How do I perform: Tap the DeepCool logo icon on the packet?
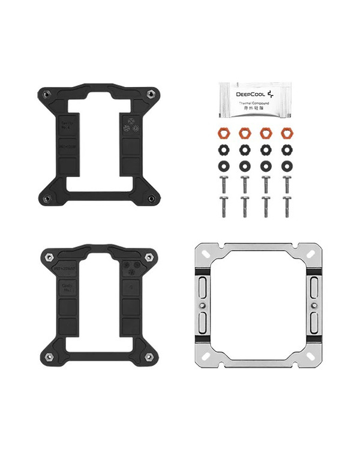272,94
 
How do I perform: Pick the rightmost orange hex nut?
286,132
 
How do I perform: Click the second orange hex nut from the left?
244,132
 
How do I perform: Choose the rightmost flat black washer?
286,164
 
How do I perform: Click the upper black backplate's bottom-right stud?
150,198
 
